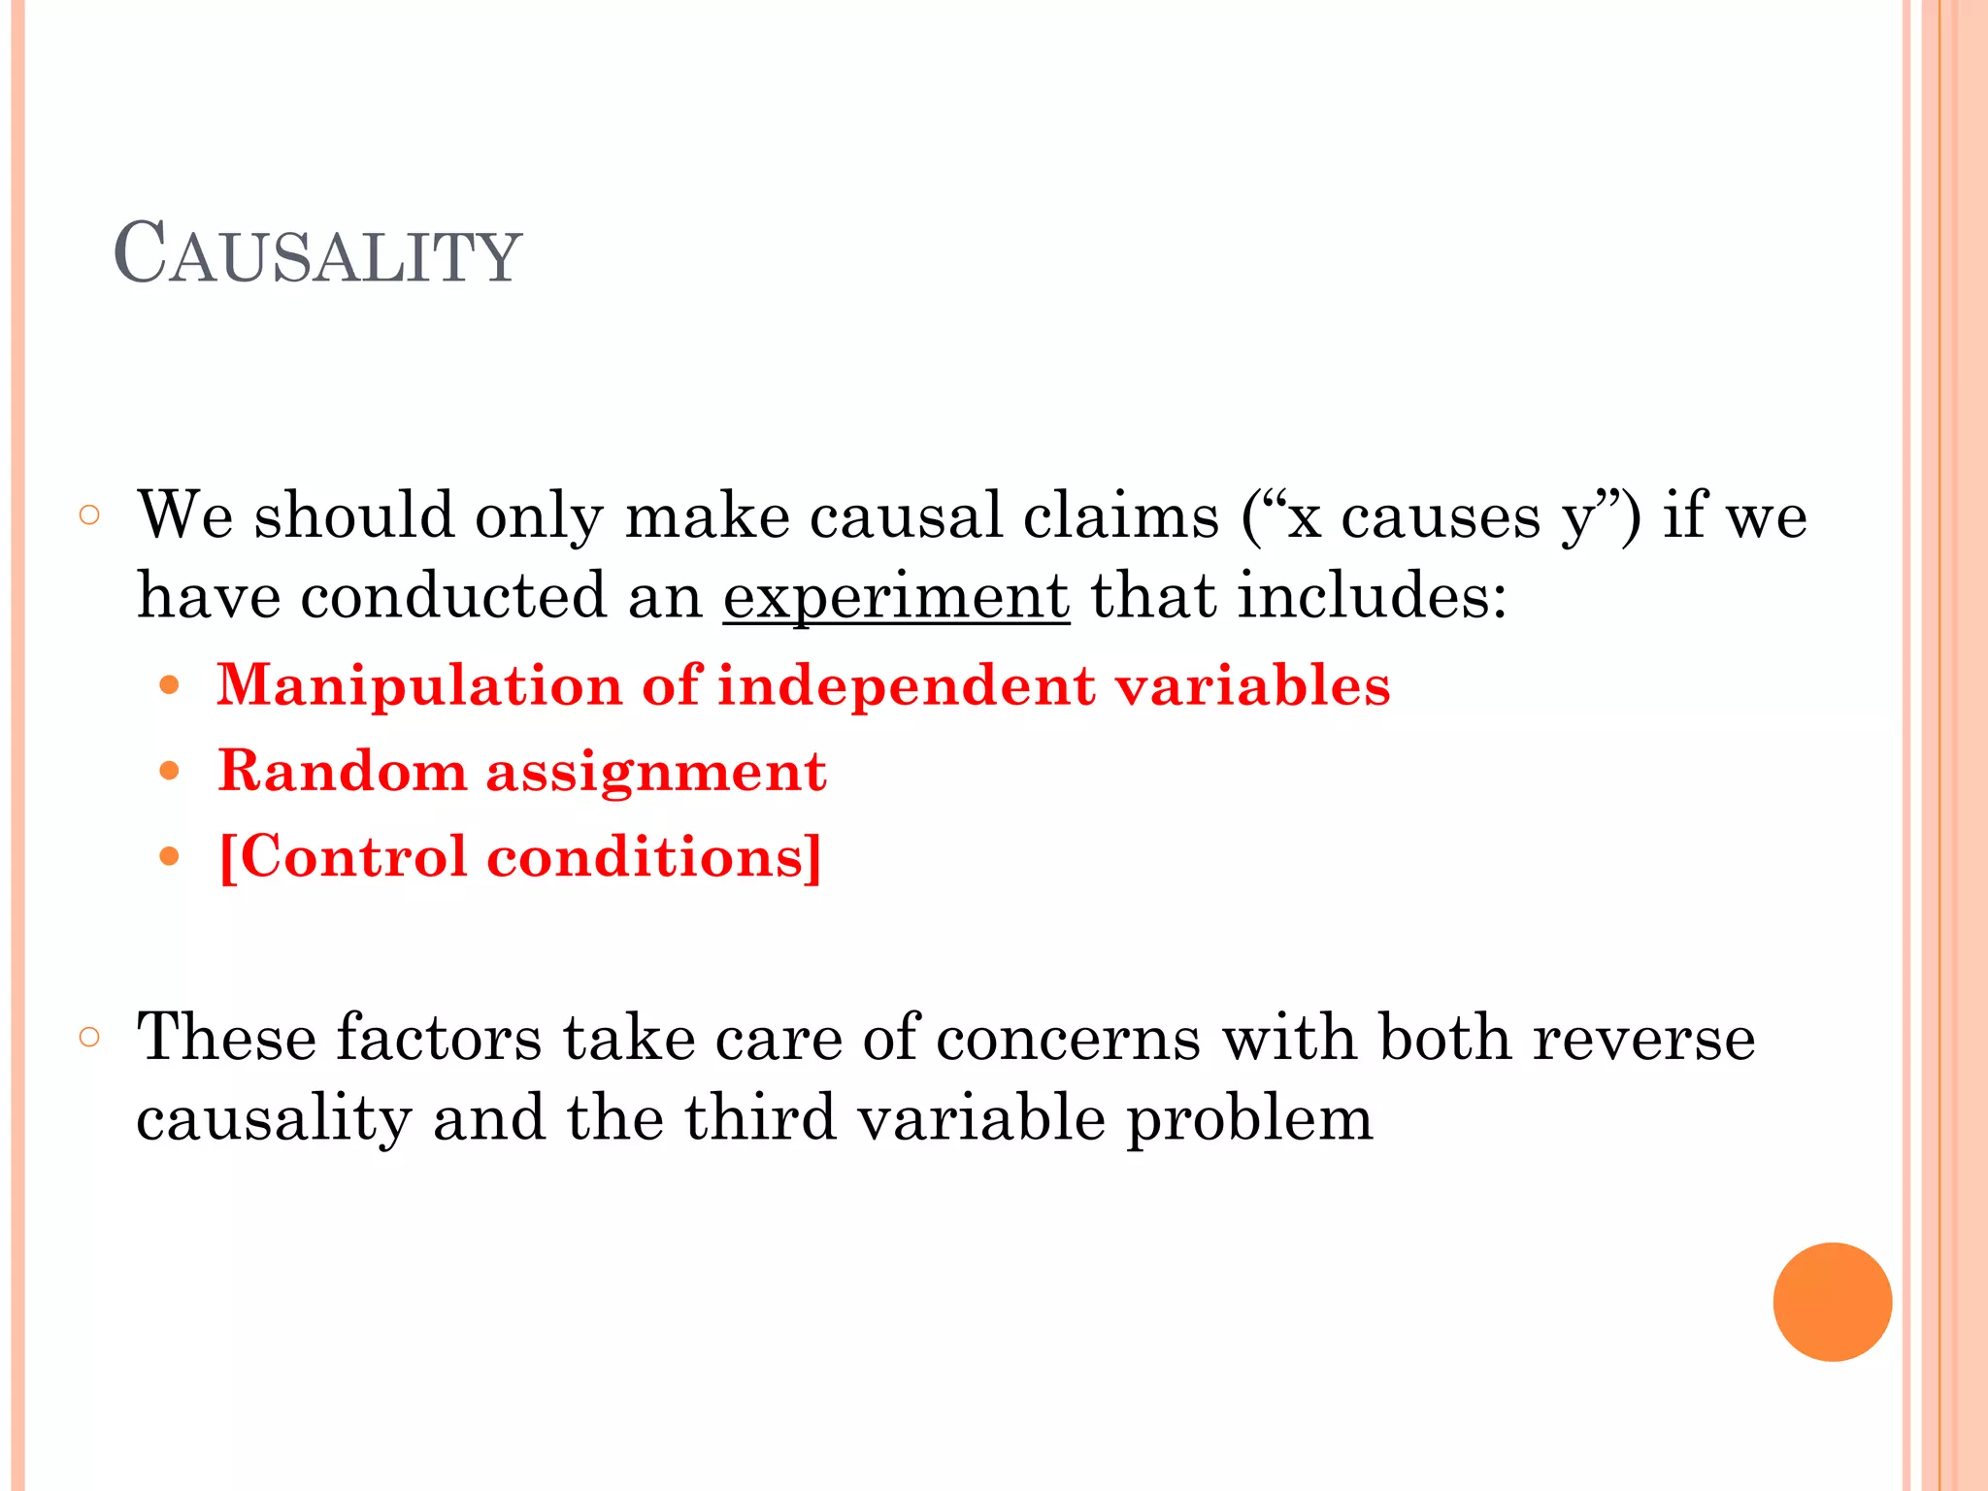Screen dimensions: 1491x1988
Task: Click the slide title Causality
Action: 317,254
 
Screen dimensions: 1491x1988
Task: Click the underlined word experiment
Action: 896,596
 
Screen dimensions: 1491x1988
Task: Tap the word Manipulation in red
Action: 418,686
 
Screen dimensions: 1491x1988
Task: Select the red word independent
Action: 907,686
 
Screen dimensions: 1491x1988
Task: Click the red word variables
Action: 1252,684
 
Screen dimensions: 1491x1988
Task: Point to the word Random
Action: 342,772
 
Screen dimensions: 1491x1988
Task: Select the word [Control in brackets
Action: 344,857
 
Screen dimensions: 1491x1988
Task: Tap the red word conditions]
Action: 653,857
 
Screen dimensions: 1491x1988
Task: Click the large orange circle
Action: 1832,1302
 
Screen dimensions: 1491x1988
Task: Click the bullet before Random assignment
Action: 170,772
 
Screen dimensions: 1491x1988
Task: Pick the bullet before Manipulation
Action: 170,686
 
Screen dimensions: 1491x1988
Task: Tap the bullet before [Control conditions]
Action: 170,856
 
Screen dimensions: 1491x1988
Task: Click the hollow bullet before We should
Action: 89,514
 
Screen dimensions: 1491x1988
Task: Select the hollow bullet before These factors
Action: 89,1037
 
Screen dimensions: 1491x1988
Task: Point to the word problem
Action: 1249,1119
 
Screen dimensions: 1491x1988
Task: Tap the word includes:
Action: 1372,596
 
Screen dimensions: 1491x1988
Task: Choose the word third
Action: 760,1117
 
